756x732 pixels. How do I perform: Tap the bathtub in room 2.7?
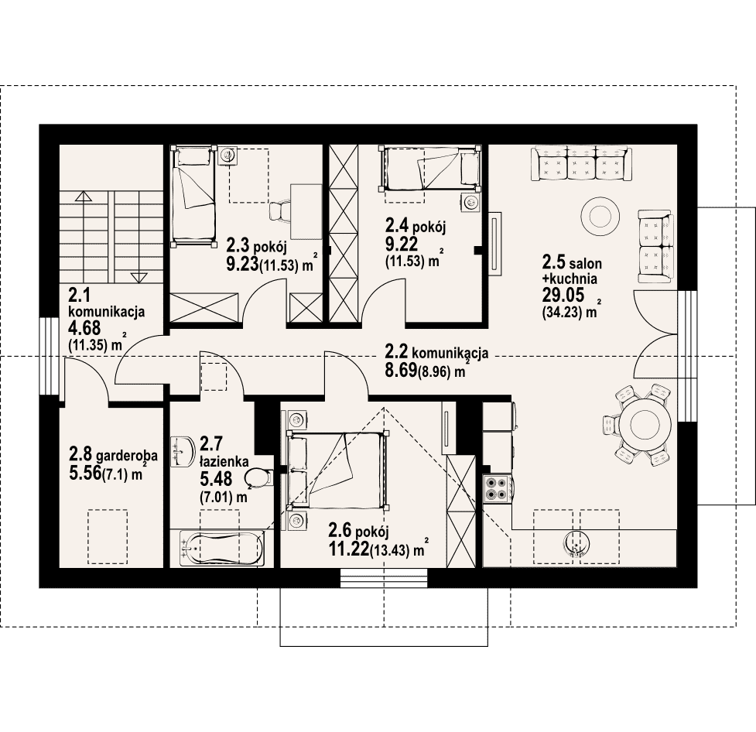point(222,549)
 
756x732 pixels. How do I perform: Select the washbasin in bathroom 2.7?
point(183,451)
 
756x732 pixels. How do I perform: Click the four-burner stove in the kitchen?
point(497,488)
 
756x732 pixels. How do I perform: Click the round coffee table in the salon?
point(600,214)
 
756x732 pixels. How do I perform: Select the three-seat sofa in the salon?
point(581,164)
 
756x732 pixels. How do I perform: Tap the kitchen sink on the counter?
point(576,544)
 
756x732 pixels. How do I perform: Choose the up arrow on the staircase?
point(84,196)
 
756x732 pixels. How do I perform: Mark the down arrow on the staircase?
point(139,277)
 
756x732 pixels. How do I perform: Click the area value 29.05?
point(563,295)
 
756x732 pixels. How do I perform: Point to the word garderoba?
point(127,455)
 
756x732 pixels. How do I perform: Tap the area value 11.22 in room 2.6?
point(348,549)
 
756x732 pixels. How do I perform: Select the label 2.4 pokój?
point(415,226)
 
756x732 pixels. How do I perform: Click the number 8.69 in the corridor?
point(401,371)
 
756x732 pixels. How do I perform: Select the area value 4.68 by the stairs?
point(85,328)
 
